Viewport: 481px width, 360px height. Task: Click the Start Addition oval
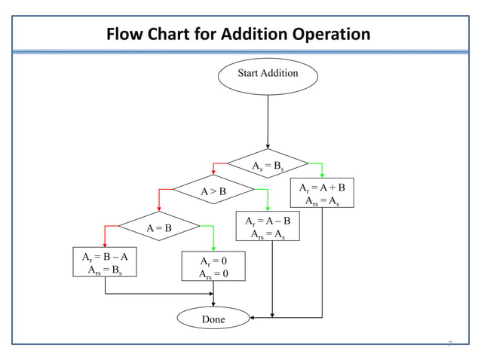pyautogui.click(x=268, y=74)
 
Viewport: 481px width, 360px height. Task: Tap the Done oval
pyautogui.click(x=213, y=319)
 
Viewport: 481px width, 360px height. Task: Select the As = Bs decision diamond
pyautogui.click(x=268, y=163)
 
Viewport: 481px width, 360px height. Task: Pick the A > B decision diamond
pyautogui.click(x=213, y=191)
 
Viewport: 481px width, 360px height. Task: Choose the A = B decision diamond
pyautogui.click(x=158, y=227)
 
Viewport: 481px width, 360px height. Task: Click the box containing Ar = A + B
pyautogui.click(x=322, y=193)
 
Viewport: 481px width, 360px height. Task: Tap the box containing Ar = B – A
pyautogui.click(x=105, y=262)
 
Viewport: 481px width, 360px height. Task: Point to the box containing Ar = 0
pyautogui.click(x=213, y=267)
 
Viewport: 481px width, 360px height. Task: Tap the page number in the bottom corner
pyautogui.click(x=449, y=344)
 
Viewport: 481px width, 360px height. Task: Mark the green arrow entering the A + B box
pyautogui.click(x=322, y=170)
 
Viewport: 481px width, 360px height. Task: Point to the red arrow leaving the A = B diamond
pyautogui.click(x=106, y=233)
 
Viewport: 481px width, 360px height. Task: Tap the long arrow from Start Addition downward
pyautogui.click(x=268, y=121)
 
